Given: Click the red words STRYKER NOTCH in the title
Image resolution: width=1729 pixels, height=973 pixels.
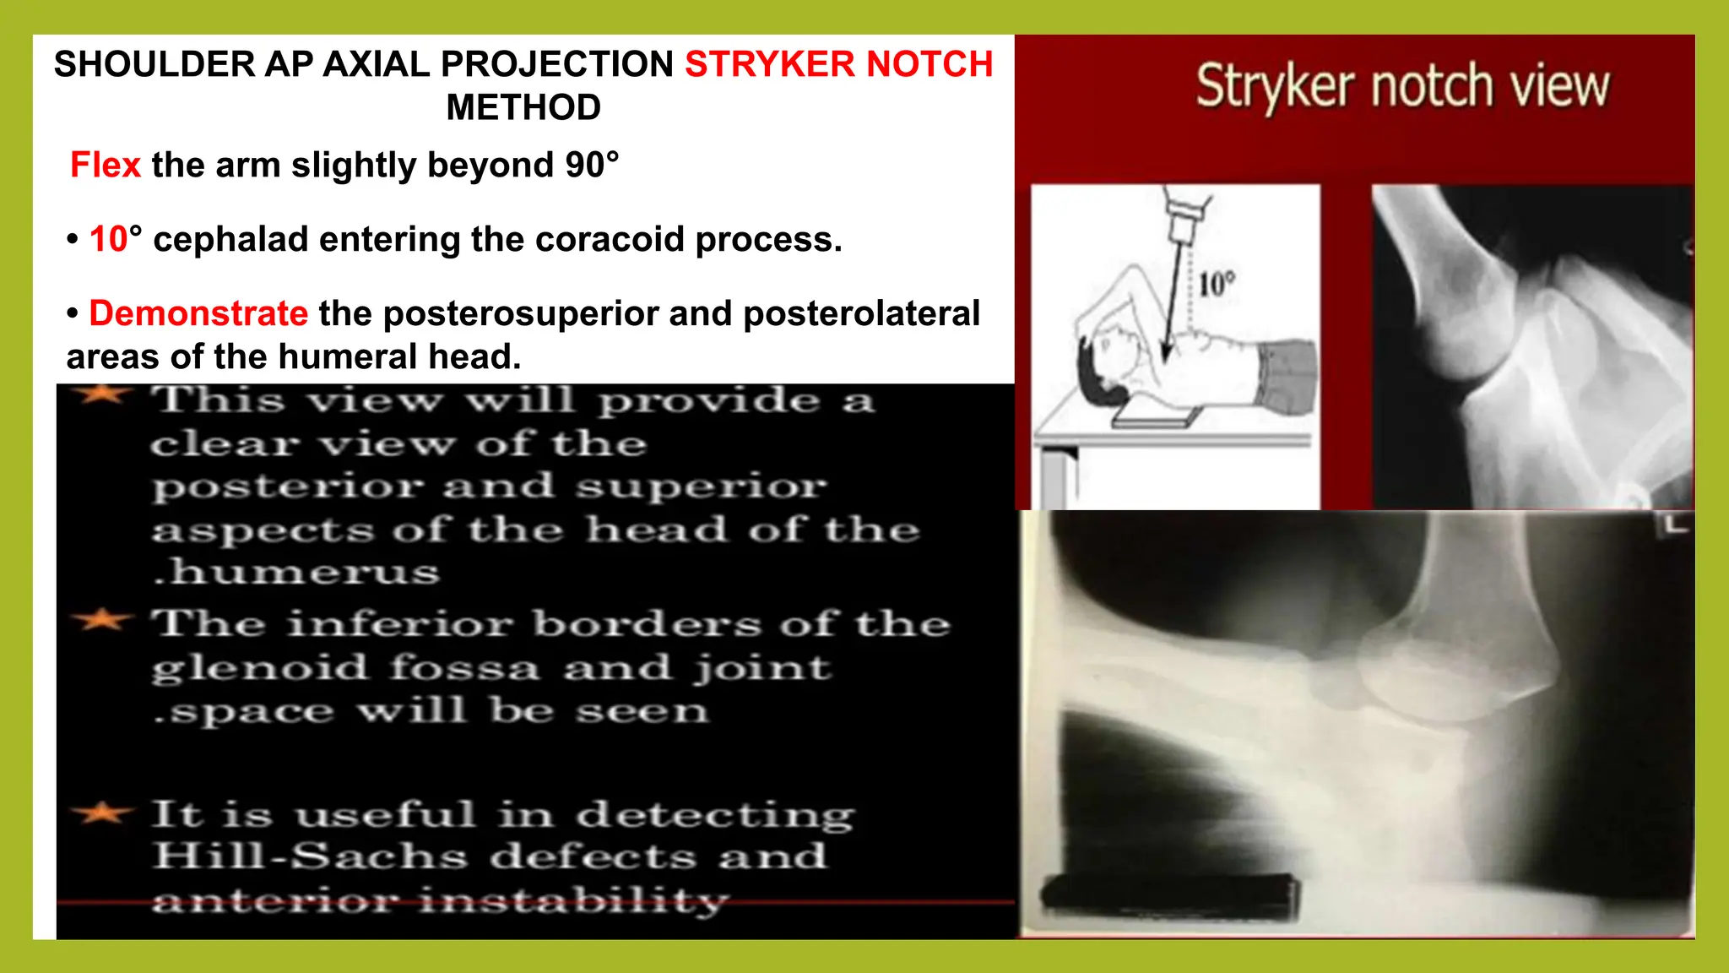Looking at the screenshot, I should tap(837, 64).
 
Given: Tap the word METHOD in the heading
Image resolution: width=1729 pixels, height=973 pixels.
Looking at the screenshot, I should tap(523, 108).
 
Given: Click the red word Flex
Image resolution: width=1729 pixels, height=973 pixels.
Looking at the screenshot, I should tap(105, 165).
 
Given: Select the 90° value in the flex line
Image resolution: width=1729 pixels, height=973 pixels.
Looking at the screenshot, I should tap(592, 165).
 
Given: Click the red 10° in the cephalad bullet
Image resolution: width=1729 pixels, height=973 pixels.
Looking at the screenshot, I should tap(116, 239).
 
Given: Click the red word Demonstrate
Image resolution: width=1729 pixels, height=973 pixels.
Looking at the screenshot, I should tap(198, 313).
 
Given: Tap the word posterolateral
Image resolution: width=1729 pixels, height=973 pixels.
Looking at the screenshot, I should tap(861, 313).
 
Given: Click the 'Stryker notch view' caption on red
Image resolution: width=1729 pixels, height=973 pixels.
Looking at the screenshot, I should tap(1402, 86).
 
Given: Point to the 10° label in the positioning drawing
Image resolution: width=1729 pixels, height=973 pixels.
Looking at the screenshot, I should tap(1217, 284).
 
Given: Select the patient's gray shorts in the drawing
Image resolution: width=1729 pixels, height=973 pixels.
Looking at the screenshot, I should tap(1285, 376).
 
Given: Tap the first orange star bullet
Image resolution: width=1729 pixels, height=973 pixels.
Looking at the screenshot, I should tap(103, 394).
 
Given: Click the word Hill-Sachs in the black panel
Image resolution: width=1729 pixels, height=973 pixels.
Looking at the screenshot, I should tap(310, 856).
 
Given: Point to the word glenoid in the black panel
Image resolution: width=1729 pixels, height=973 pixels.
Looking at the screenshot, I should tap(260, 668).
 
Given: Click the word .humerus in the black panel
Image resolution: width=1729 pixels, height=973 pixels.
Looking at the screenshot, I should tap(297, 573).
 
